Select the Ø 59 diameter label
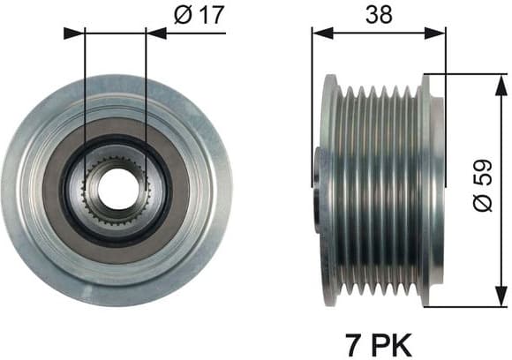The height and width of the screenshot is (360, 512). (x=483, y=190)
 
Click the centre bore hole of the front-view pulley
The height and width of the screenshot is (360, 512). (x=114, y=187)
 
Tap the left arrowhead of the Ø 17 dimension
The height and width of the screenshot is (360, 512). (x=75, y=33)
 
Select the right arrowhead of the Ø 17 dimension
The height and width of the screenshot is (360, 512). (x=154, y=33)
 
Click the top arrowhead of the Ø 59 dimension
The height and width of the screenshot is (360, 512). (x=501, y=81)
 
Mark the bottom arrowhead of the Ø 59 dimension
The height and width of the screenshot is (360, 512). (x=501, y=298)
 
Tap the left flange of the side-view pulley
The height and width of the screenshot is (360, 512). (x=329, y=190)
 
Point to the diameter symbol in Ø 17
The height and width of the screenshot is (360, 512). (x=183, y=15)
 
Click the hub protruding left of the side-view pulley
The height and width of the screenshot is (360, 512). (x=318, y=168)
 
